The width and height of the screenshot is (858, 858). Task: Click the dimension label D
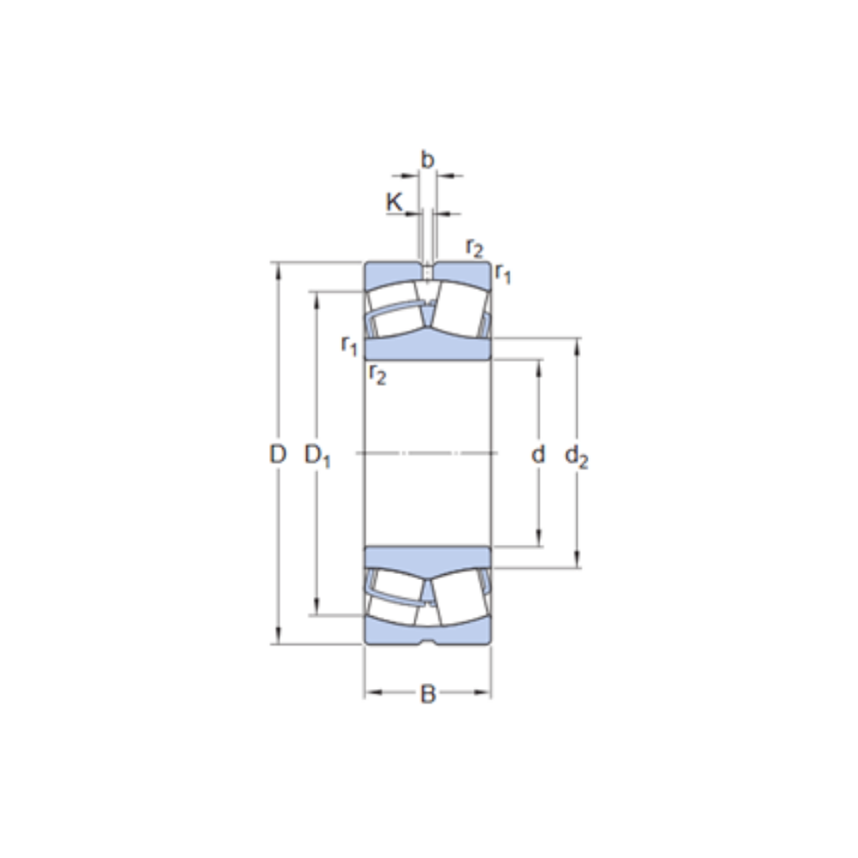(276, 455)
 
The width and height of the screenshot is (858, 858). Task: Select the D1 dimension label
(317, 456)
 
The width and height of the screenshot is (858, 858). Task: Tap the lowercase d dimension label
(538, 455)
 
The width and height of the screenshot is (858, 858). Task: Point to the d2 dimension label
(577, 457)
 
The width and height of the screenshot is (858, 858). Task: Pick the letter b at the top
(427, 160)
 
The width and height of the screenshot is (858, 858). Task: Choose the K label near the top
(394, 202)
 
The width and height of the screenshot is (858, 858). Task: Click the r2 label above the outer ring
(474, 248)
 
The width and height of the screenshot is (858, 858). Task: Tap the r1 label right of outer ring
(504, 275)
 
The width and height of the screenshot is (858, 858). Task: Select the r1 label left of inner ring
(348, 346)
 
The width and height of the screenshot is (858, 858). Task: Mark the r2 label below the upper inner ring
(378, 373)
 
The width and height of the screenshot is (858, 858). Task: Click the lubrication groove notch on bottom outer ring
(427, 642)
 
